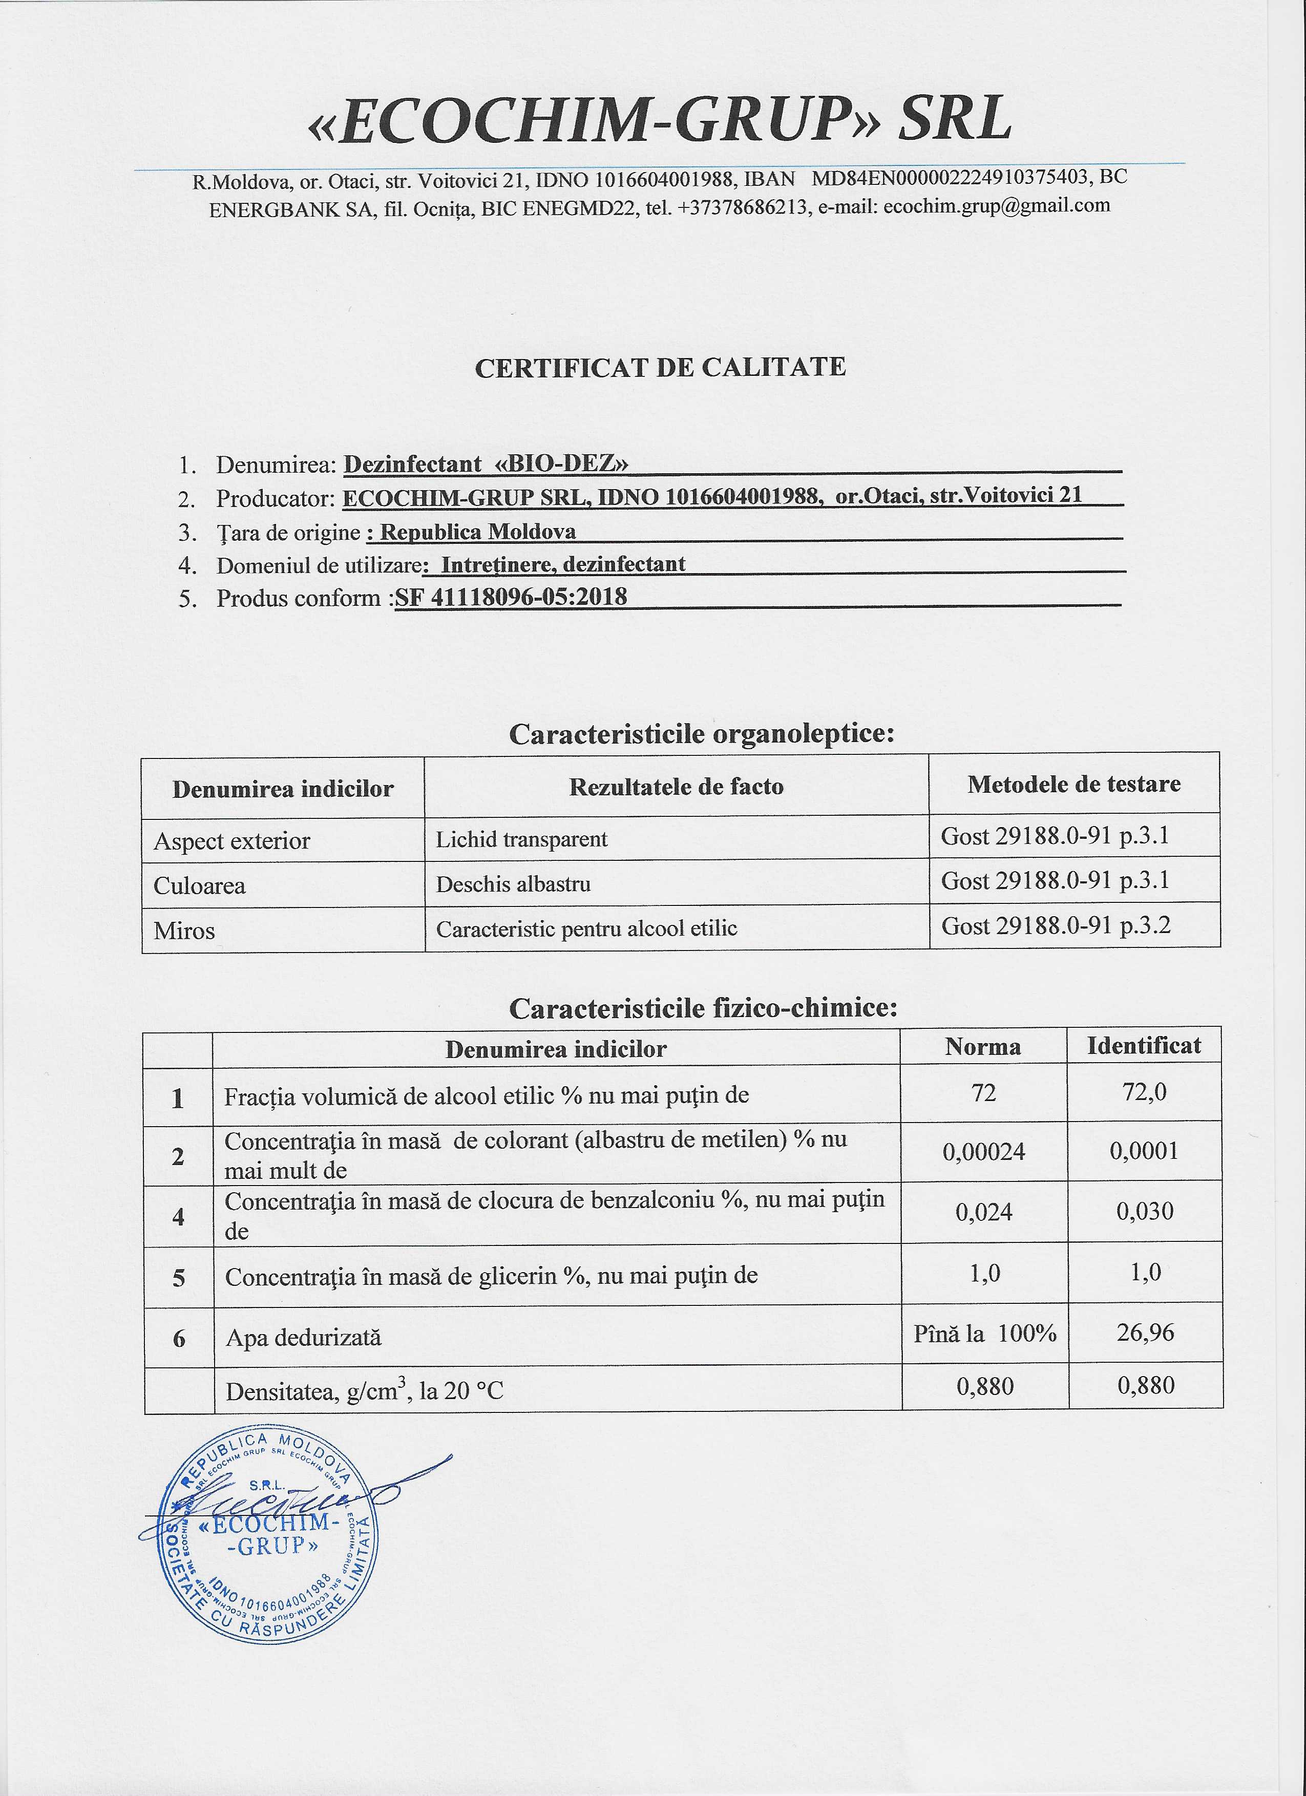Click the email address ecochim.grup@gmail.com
tap(996, 206)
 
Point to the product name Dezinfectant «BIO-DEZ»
tap(486, 463)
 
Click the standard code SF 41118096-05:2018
tap(511, 597)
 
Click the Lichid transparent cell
tap(521, 839)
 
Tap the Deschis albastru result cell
tap(513, 884)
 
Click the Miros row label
tap(184, 931)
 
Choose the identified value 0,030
tap(1145, 1211)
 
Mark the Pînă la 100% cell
tap(984, 1334)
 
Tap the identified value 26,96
tap(1145, 1333)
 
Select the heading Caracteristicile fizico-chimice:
tap(703, 1008)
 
